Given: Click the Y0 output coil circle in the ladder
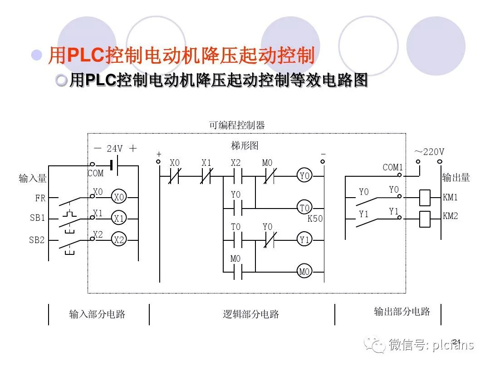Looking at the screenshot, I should [x=304, y=175].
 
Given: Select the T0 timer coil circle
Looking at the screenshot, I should [x=304, y=208].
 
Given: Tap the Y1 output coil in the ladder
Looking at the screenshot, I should [x=304, y=240].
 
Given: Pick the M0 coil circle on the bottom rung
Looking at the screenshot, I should [x=304, y=272].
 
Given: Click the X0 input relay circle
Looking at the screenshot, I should [x=119, y=198].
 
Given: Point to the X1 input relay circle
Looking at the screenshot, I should [x=119, y=219].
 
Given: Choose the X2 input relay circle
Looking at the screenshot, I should [x=119, y=240].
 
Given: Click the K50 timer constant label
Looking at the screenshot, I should [x=315, y=219].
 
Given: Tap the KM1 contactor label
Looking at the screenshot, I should [x=451, y=198].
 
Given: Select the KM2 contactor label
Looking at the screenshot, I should [x=451, y=216].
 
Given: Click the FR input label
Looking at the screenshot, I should [x=40, y=199].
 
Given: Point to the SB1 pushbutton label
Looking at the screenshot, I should [x=38, y=218].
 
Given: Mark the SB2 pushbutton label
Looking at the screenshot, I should [x=37, y=240].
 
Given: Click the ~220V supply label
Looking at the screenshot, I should [x=429, y=152].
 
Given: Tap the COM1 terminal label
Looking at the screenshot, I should [x=392, y=167].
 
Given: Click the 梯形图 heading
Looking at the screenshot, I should [x=245, y=146].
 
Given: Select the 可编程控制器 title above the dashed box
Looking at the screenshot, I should [x=236, y=125].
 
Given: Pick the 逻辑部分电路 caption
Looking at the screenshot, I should [x=250, y=314].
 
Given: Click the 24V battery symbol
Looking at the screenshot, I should [x=115, y=166].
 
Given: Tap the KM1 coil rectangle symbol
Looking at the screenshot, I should [x=425, y=197].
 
